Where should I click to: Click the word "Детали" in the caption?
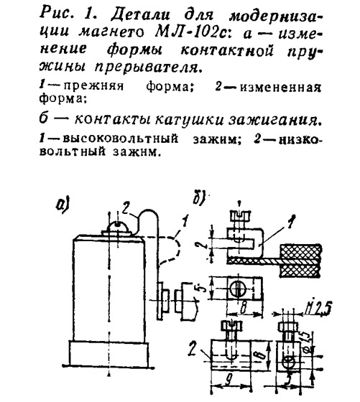tap(140, 15)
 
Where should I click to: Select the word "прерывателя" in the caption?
tap(147, 67)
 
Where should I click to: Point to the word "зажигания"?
tap(274, 120)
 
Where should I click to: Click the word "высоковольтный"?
tap(120, 139)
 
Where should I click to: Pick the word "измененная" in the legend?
tap(280, 88)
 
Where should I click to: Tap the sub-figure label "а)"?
tap(63, 205)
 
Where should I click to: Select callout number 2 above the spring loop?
tap(127, 207)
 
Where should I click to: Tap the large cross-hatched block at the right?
tap(300, 261)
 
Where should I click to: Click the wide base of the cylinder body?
tap(109, 354)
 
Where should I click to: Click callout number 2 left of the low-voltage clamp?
tap(193, 348)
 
